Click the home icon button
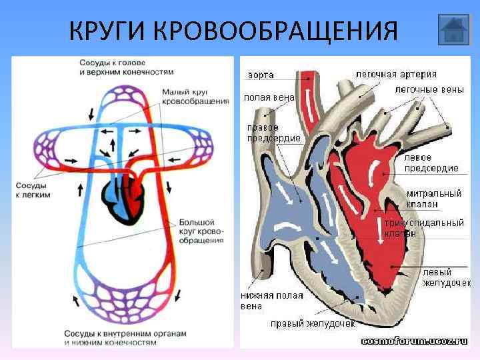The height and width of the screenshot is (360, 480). (x=455, y=30)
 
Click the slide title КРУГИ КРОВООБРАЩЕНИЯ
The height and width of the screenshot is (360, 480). (x=233, y=31)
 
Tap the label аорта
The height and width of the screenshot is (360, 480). (x=261, y=74)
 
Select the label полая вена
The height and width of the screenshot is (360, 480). (x=269, y=97)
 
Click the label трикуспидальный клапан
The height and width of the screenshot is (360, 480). (x=423, y=228)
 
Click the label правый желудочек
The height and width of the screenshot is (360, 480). (x=312, y=324)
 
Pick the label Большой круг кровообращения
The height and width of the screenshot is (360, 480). (x=201, y=231)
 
